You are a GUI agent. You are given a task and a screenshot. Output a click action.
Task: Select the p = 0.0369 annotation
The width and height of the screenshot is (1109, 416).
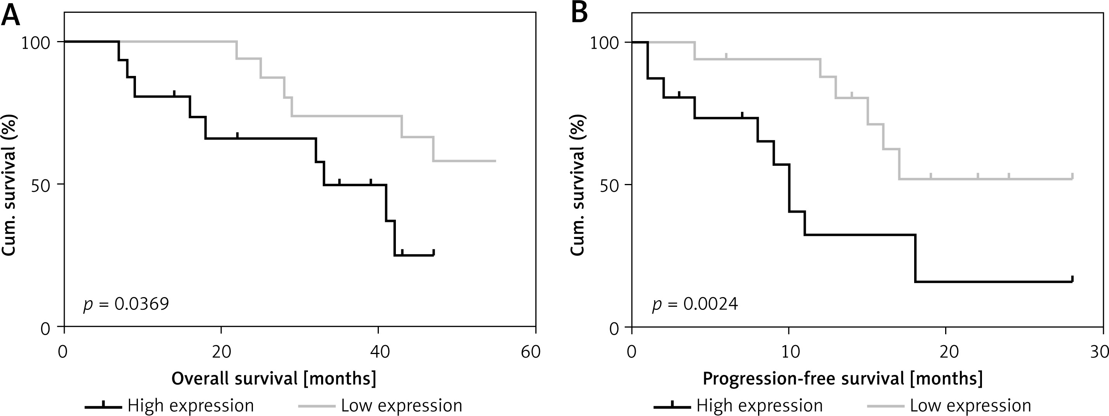[x=126, y=304]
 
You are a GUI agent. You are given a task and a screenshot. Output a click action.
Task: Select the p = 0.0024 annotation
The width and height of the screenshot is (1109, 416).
[x=695, y=304]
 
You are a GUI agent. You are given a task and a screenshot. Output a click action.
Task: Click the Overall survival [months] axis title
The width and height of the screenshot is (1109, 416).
[x=274, y=378]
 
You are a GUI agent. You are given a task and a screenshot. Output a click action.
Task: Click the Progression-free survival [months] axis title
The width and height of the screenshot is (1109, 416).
[x=842, y=378]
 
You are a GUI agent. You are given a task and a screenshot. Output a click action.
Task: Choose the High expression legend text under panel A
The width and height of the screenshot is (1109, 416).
[x=191, y=406]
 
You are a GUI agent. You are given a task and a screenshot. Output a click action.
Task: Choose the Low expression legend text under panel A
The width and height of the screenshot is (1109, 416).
[x=402, y=406]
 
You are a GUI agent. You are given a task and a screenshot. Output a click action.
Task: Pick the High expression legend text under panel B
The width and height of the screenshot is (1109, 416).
[x=760, y=406]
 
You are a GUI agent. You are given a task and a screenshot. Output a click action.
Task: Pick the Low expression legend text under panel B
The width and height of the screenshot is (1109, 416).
[x=970, y=406]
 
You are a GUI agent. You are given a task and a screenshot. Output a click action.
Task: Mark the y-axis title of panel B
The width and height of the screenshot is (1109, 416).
[x=578, y=185]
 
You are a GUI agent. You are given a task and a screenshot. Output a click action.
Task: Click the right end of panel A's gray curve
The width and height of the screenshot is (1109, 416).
[x=495, y=161]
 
